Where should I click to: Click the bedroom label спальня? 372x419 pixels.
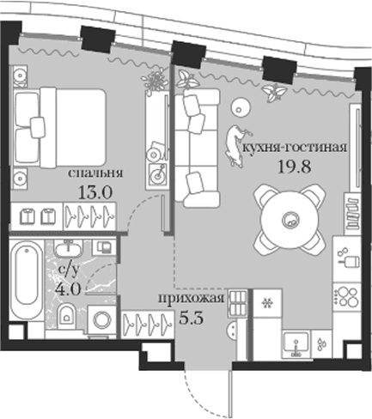pyautogui.click(x=95, y=173)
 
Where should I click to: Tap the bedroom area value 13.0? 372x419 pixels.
pyautogui.click(x=95, y=192)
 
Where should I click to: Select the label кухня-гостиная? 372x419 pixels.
pyautogui.click(x=295, y=148)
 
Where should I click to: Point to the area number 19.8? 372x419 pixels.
pyautogui.click(x=295, y=167)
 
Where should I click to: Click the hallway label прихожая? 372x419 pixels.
pyautogui.click(x=191, y=298)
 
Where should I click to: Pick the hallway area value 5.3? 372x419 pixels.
pyautogui.click(x=192, y=318)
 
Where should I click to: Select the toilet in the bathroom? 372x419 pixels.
pyautogui.click(x=66, y=316)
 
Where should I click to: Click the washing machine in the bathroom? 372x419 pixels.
pyautogui.click(x=101, y=319)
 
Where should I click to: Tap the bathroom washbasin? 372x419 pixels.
pyautogui.click(x=68, y=248)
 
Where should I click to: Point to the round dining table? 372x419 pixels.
pyautogui.click(x=290, y=220)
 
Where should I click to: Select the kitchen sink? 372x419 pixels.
pyautogui.click(x=296, y=344)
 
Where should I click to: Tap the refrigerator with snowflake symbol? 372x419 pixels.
pyautogui.click(x=268, y=302)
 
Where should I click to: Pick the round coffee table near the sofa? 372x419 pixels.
pyautogui.click(x=240, y=107)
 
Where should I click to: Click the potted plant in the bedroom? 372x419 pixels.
pyautogui.click(x=155, y=81)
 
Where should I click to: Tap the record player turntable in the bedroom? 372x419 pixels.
pyautogui.click(x=156, y=175)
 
